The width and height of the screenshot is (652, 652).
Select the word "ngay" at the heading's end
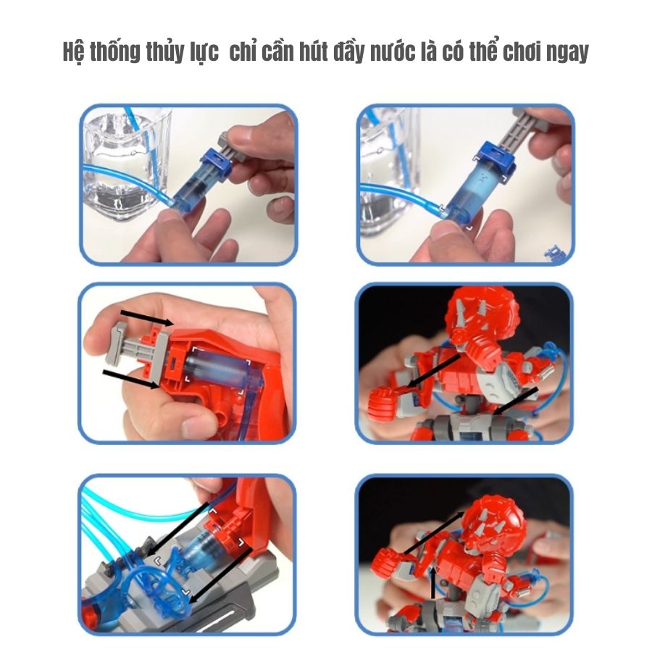click(568, 53)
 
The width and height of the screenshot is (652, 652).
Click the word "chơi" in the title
click(522, 51)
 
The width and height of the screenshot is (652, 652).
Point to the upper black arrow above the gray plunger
click(147, 317)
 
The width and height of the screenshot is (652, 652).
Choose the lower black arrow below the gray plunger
click(130, 378)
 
